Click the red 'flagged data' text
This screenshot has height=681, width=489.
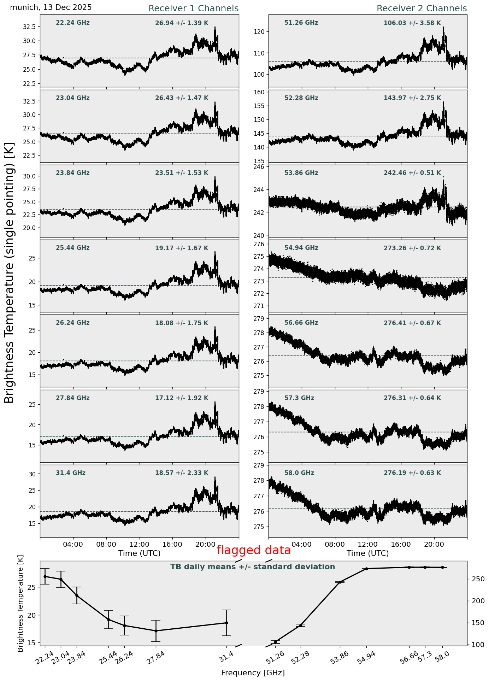click(253, 550)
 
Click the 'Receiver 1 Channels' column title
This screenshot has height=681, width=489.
click(193, 8)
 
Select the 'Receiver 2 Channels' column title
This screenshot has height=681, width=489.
click(422, 8)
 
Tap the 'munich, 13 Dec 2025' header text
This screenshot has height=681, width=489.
click(51, 7)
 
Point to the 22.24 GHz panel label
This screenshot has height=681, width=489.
click(73, 23)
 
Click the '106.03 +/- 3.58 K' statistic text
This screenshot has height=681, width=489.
click(412, 23)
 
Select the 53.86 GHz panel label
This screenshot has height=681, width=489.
click(301, 173)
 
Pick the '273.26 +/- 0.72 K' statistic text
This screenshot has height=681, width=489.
click(412, 248)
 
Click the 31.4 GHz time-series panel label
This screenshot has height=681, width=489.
click(71, 473)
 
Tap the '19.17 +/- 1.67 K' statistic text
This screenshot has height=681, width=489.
click(182, 248)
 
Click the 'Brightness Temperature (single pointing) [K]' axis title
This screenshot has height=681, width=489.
click(10, 273)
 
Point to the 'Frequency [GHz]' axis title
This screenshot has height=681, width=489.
click(253, 673)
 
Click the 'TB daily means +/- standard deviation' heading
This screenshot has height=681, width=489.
click(253, 567)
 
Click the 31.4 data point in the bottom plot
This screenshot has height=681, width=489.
click(226, 623)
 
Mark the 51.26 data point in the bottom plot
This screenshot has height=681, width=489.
click(276, 641)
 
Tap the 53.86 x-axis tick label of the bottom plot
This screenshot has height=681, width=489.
click(339, 658)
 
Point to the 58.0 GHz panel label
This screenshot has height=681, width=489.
click(299, 473)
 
